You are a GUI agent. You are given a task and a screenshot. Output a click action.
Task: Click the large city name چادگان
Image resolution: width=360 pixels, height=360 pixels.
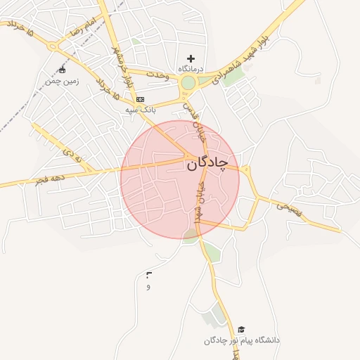[x=207, y=164]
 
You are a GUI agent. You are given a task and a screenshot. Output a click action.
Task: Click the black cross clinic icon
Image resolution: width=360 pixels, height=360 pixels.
[x=191, y=58]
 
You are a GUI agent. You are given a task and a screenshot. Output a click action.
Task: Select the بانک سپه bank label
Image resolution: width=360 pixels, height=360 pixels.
[x=139, y=110]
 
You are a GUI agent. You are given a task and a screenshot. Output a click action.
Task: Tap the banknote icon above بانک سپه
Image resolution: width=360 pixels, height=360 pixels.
[x=140, y=100]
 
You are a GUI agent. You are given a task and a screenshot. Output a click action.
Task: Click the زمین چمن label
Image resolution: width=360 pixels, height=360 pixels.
[x=62, y=82]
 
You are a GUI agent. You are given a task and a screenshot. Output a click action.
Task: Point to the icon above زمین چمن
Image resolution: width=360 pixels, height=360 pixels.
[x=62, y=70]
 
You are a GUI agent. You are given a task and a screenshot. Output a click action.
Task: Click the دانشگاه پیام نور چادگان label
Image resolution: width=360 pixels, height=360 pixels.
[x=242, y=340]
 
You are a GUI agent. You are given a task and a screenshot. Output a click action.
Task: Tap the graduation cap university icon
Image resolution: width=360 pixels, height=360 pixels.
[x=242, y=329]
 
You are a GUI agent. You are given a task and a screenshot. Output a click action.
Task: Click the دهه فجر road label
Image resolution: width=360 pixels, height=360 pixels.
[x=50, y=180]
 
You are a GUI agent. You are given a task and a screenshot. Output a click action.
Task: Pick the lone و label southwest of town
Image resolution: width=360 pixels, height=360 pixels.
[x=148, y=287]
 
